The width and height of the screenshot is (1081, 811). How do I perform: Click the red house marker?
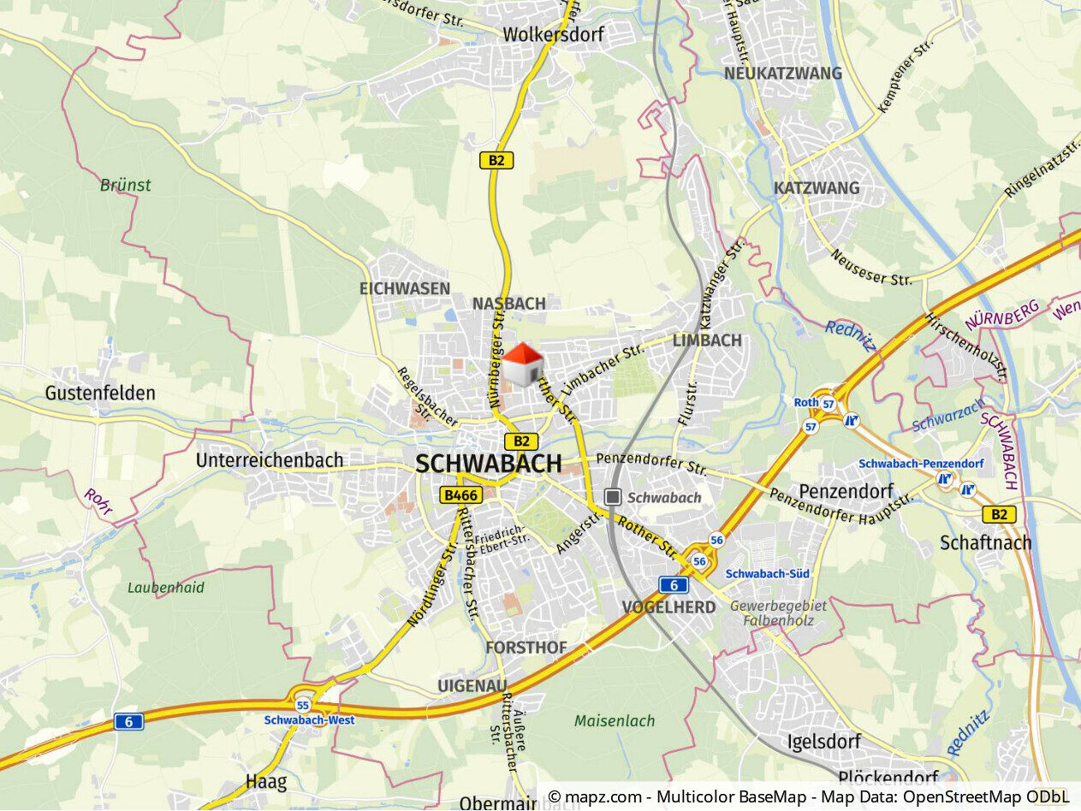tap(522, 364)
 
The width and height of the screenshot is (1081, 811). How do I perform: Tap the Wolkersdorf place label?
tap(554, 35)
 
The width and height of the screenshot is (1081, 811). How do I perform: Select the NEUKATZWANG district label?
tap(783, 74)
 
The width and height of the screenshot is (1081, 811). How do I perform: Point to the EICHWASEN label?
tap(405, 288)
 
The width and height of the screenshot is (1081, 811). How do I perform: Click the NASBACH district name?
tap(508, 304)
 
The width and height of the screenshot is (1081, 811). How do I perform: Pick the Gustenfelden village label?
tap(101, 394)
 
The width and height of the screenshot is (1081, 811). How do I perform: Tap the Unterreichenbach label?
tap(270, 460)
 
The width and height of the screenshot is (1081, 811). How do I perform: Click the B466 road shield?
tap(461, 494)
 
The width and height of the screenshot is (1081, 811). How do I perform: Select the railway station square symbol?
tap(613, 497)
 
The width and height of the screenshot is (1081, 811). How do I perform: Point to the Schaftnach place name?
tap(986, 542)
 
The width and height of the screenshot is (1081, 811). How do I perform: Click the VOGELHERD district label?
tap(668, 607)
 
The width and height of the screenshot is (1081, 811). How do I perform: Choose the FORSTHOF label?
tap(526, 648)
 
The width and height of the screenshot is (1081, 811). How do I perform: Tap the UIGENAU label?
tap(472, 686)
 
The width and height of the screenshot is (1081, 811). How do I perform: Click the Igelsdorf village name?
tap(823, 741)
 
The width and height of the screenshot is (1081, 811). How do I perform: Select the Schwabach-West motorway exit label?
tap(309, 720)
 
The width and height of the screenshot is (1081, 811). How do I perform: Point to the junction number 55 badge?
tap(303, 706)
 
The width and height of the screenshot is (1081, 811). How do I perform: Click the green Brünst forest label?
tap(125, 185)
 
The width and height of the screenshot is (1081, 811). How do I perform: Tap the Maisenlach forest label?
tap(615, 721)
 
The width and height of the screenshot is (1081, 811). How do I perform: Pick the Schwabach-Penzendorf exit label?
tap(921, 464)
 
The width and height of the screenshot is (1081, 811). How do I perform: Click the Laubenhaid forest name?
tap(166, 588)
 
